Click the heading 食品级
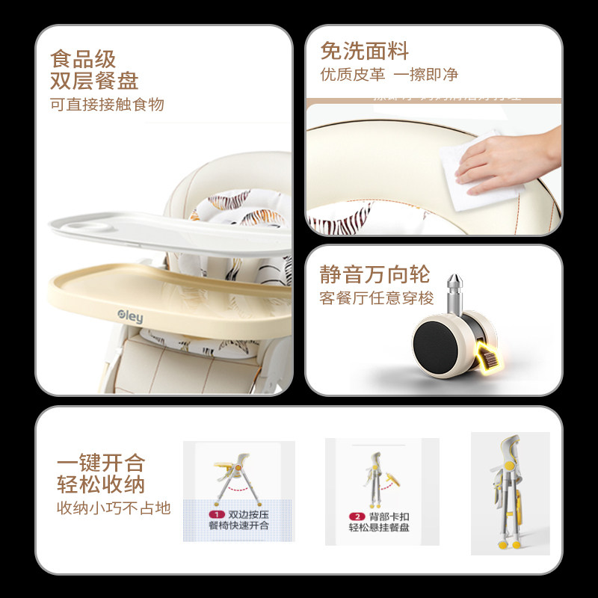tap(84, 58)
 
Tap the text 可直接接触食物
tap(107, 104)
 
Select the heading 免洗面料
tap(365, 51)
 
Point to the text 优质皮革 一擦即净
tap(389, 75)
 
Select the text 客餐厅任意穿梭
tap(377, 298)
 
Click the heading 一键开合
tap(101, 462)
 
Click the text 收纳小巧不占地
tap(114, 508)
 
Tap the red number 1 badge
tap(217, 515)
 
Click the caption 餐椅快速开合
tap(239, 526)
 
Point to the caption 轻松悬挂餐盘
tap(379, 528)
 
